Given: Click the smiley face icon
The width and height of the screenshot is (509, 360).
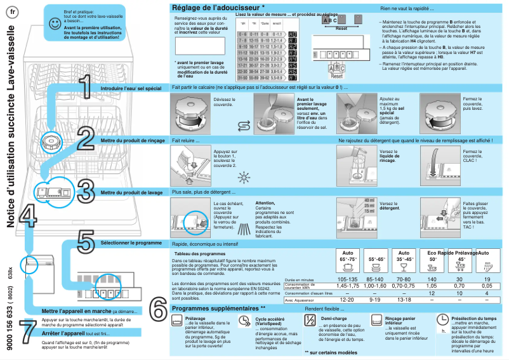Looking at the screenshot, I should pyautogui.click(x=55, y=23).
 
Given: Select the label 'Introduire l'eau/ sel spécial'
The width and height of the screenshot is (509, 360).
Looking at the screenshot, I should pyautogui.click(x=131, y=87).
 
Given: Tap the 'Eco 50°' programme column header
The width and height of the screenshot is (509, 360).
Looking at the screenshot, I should pyautogui.click(x=433, y=256).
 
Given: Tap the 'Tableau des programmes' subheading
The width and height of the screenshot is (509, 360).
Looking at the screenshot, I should pyautogui.click(x=201, y=253).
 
